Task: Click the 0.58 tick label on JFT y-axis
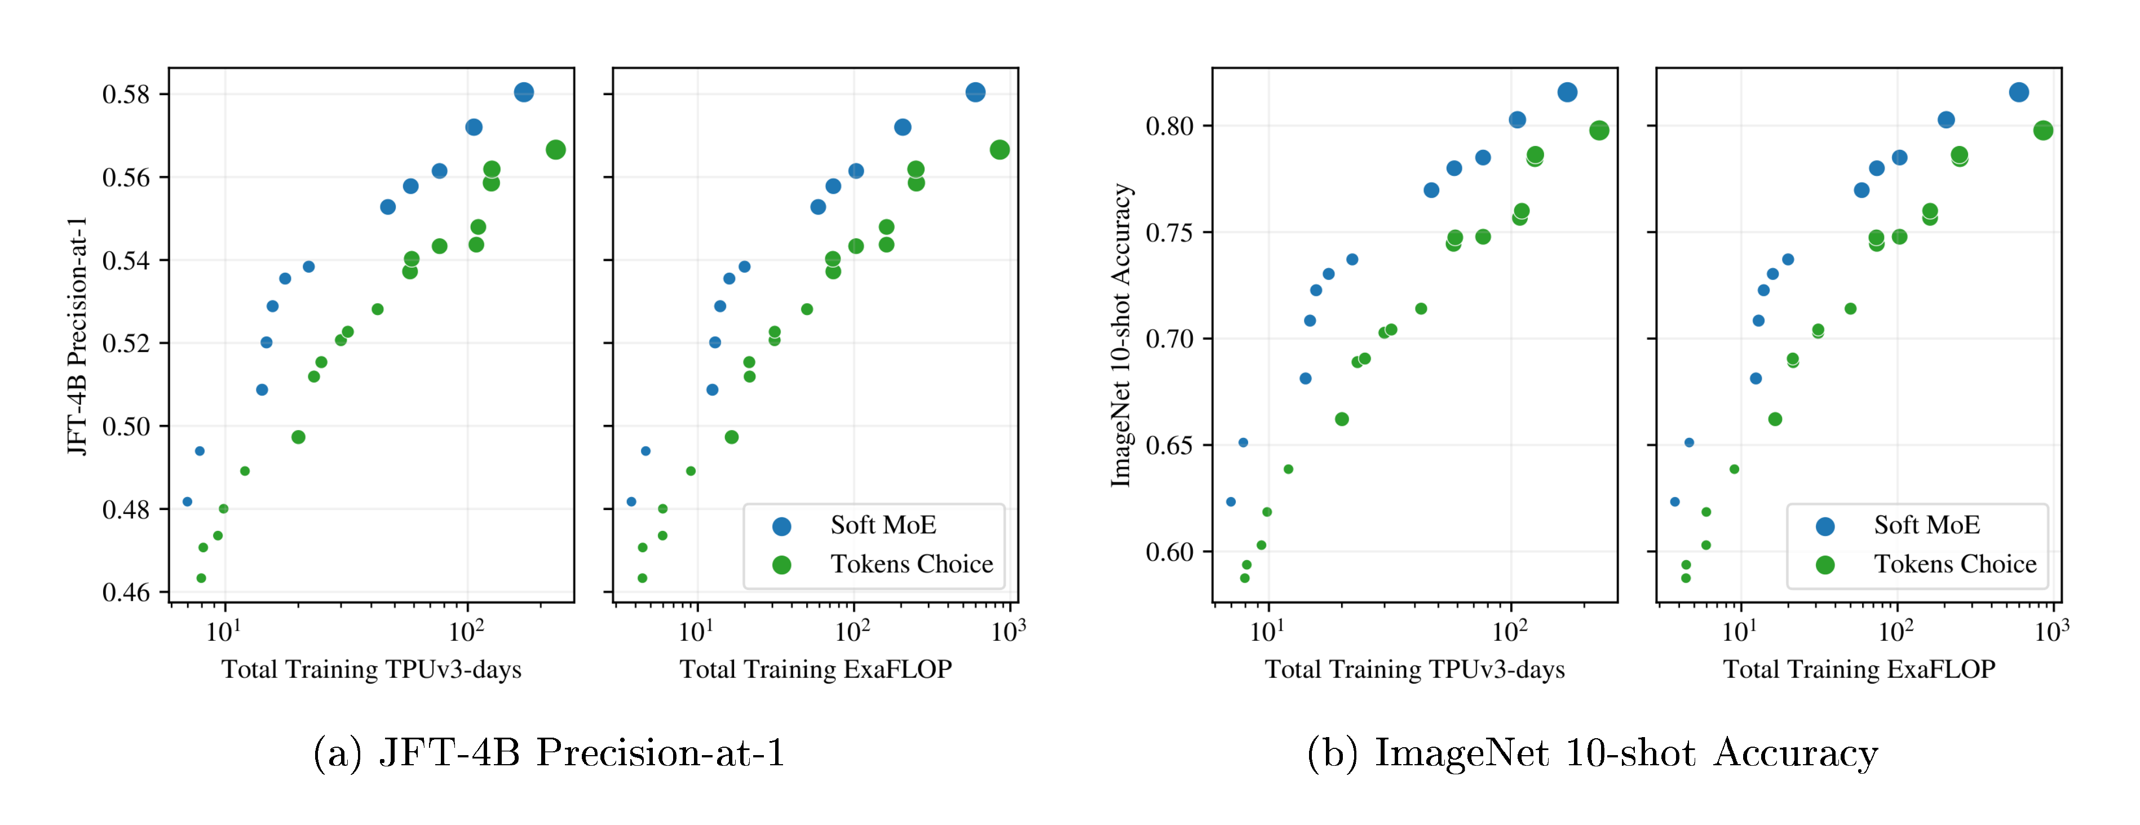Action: pyautogui.click(x=126, y=95)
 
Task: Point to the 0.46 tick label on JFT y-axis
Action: pyautogui.click(x=126, y=592)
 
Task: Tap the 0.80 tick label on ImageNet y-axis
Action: pyautogui.click(x=1169, y=126)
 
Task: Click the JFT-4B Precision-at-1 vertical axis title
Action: pyautogui.click(x=77, y=336)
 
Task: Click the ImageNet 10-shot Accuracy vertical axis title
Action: pyautogui.click(x=1121, y=336)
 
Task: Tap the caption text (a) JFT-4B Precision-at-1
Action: pyautogui.click(x=549, y=753)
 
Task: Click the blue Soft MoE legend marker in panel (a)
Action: pyautogui.click(x=782, y=526)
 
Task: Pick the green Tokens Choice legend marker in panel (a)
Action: pyautogui.click(x=782, y=565)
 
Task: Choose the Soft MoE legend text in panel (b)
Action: pyautogui.click(x=1926, y=525)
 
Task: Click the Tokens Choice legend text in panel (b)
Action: pyautogui.click(x=1955, y=564)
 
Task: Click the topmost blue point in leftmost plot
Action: pyautogui.click(x=523, y=92)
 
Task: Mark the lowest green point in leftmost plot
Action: pyautogui.click(x=201, y=578)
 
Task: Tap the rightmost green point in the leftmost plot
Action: pyautogui.click(x=556, y=149)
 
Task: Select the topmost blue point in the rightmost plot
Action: pyautogui.click(x=2019, y=92)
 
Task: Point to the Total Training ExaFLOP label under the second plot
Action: pyautogui.click(x=816, y=669)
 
